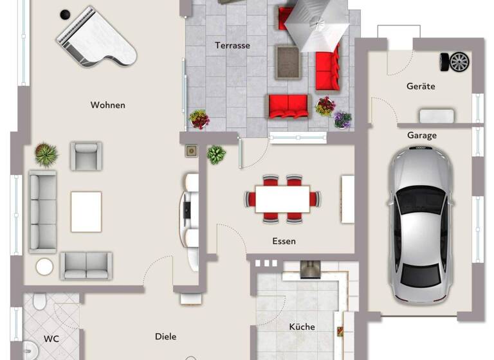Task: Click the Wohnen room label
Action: point(107,105)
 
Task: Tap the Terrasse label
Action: point(232,45)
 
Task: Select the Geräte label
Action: point(421,86)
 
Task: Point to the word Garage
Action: point(422,136)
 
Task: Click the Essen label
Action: point(284,241)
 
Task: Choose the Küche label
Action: point(302,327)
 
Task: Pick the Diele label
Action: point(165,336)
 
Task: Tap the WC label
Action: point(51,338)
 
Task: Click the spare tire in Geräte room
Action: point(455,61)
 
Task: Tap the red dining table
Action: point(282,199)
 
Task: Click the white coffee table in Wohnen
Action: point(86,212)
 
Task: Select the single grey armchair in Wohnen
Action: point(86,156)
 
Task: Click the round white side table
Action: point(44,266)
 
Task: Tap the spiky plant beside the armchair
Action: point(46,154)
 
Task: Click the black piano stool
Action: point(64,14)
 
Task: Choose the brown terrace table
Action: point(288,62)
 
